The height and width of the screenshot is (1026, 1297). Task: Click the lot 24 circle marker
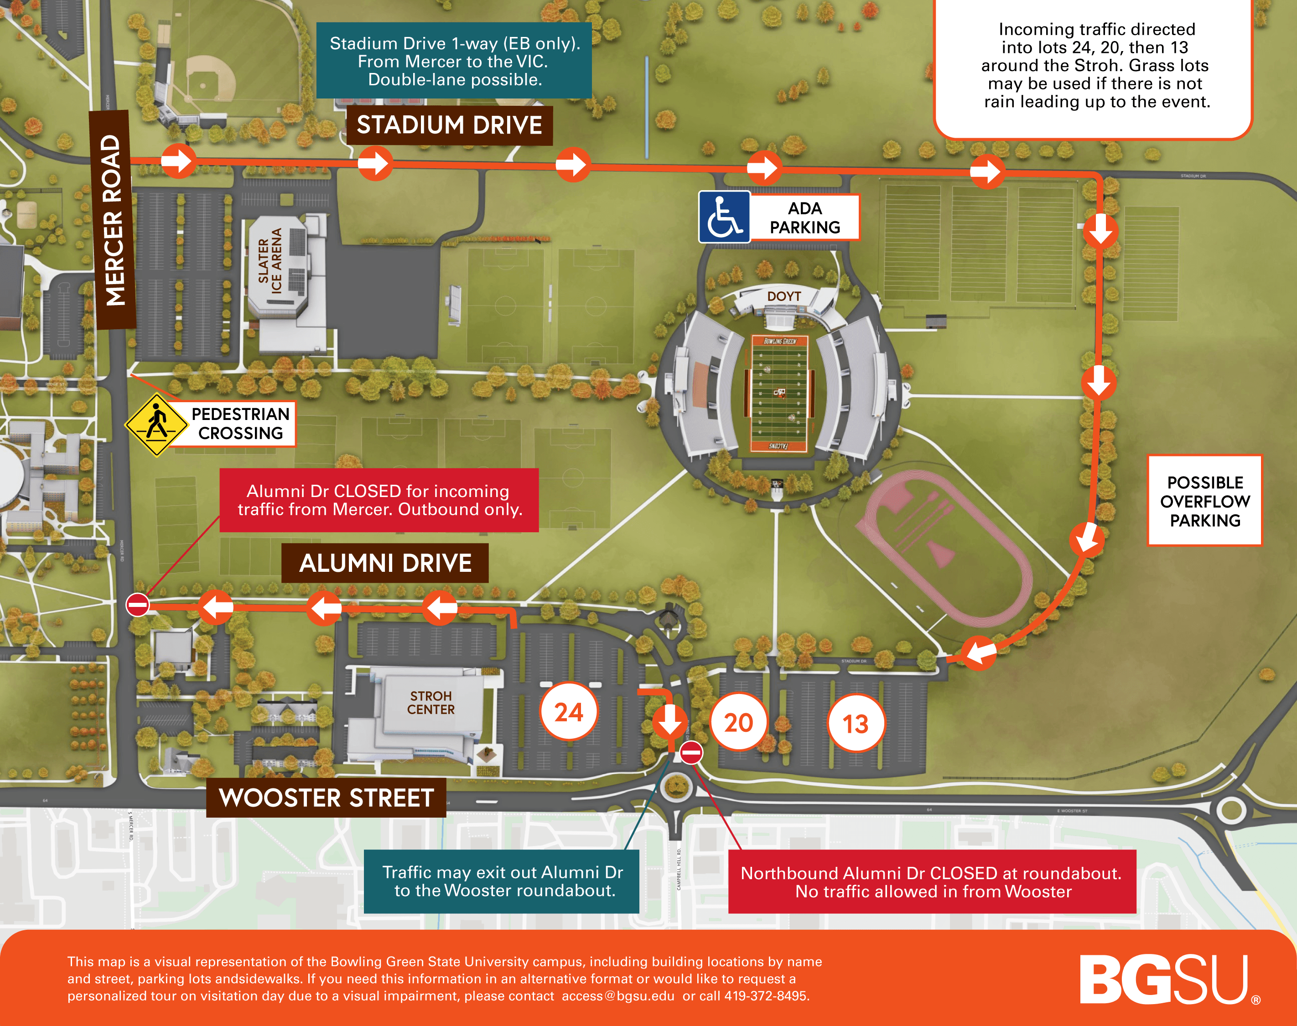click(x=568, y=712)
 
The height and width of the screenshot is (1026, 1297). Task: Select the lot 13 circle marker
click(x=856, y=724)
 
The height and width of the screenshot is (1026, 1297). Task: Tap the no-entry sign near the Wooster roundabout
click(x=691, y=752)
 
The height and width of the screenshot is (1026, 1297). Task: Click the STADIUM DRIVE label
click(x=449, y=125)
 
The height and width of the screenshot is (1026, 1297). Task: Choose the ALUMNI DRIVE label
click(x=385, y=563)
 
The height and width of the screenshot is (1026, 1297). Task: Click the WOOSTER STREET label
click(x=326, y=798)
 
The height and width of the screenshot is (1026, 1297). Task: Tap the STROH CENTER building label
click(x=431, y=702)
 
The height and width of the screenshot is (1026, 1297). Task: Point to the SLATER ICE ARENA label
click(x=270, y=261)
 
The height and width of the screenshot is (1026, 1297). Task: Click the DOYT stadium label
click(x=784, y=296)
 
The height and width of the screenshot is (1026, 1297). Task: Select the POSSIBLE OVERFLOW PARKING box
click(x=1204, y=501)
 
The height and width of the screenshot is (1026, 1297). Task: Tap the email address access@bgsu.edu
click(x=617, y=996)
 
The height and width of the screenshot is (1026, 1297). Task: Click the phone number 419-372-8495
click(x=767, y=996)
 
